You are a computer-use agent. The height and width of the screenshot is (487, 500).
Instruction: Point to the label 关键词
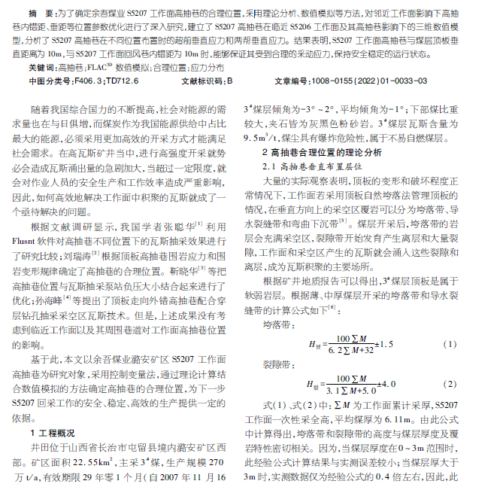coord(44,67)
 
